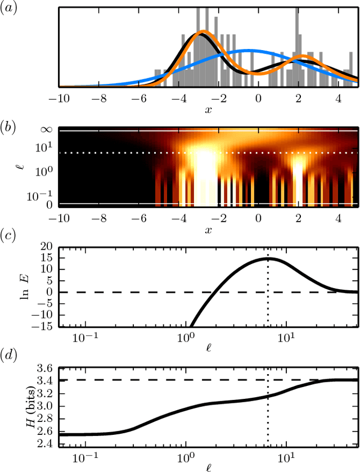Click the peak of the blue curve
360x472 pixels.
tap(248, 51)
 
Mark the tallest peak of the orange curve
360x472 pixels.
tap(204, 32)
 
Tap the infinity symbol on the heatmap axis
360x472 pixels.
tap(47, 131)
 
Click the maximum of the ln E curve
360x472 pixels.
tap(267, 258)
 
